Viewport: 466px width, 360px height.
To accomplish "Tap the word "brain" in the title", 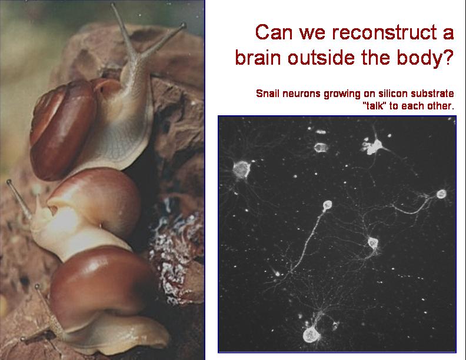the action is [x=258, y=57].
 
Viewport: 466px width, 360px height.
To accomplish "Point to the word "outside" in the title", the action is [x=321, y=57].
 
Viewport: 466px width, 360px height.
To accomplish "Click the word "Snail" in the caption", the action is [x=268, y=94].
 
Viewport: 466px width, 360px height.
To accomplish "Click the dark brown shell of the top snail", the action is [x=62, y=131].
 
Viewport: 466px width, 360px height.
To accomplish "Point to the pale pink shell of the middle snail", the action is [x=98, y=199].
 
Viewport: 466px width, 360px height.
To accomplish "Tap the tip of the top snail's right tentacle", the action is [x=184, y=25].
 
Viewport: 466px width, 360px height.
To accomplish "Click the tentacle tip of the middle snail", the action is [x=9, y=182].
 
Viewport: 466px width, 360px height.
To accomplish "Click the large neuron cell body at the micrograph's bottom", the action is [x=311, y=335].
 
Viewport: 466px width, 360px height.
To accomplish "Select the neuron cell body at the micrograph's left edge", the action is [x=241, y=169].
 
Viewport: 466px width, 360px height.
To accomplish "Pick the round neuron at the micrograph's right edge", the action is [x=441, y=194].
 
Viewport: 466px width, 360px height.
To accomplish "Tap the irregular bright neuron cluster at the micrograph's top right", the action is [x=372, y=146].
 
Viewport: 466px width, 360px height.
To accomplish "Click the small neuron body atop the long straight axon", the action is [x=327, y=205].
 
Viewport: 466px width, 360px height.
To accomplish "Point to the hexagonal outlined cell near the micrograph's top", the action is [x=321, y=147].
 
